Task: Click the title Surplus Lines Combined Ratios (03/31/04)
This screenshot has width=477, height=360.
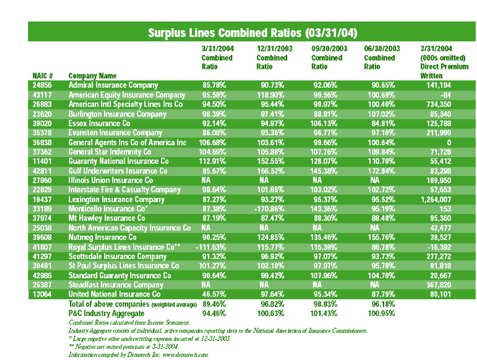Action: click(x=252, y=32)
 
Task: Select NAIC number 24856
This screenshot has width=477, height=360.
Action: click(x=43, y=85)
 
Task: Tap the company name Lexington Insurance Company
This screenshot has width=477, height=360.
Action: click(x=116, y=199)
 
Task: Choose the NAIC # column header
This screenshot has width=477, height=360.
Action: click(x=43, y=75)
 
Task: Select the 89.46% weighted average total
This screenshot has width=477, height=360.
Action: click(x=215, y=304)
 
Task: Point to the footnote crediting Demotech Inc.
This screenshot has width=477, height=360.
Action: click(x=137, y=353)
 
